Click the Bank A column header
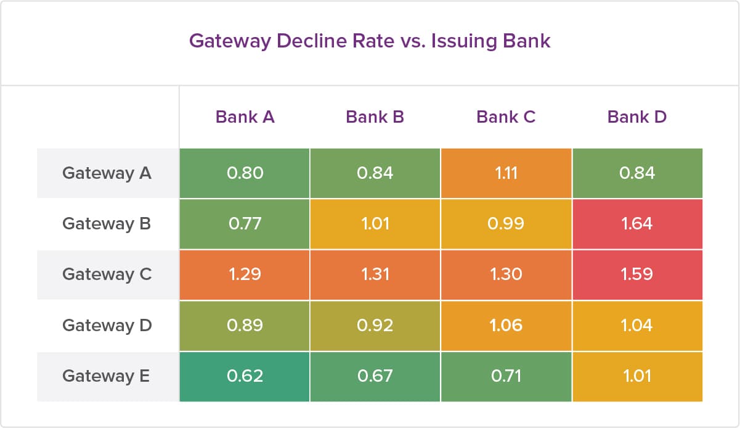click(x=245, y=117)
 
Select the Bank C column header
click(x=506, y=117)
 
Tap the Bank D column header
click(x=636, y=117)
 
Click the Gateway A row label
click(x=107, y=173)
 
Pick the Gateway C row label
click(x=107, y=274)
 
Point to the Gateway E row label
click(x=106, y=375)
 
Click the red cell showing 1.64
click(x=637, y=223)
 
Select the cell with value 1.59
click(x=637, y=274)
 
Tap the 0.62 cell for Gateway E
click(x=245, y=375)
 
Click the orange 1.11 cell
click(x=506, y=173)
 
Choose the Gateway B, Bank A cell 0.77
click(x=245, y=223)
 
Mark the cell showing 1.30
click(x=506, y=274)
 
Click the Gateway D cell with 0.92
click(x=375, y=324)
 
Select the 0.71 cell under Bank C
click(x=506, y=375)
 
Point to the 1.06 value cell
click(x=506, y=324)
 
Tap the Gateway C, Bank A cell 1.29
click(x=245, y=274)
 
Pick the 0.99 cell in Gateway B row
click(x=506, y=223)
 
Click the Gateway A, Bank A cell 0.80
click(x=245, y=173)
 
